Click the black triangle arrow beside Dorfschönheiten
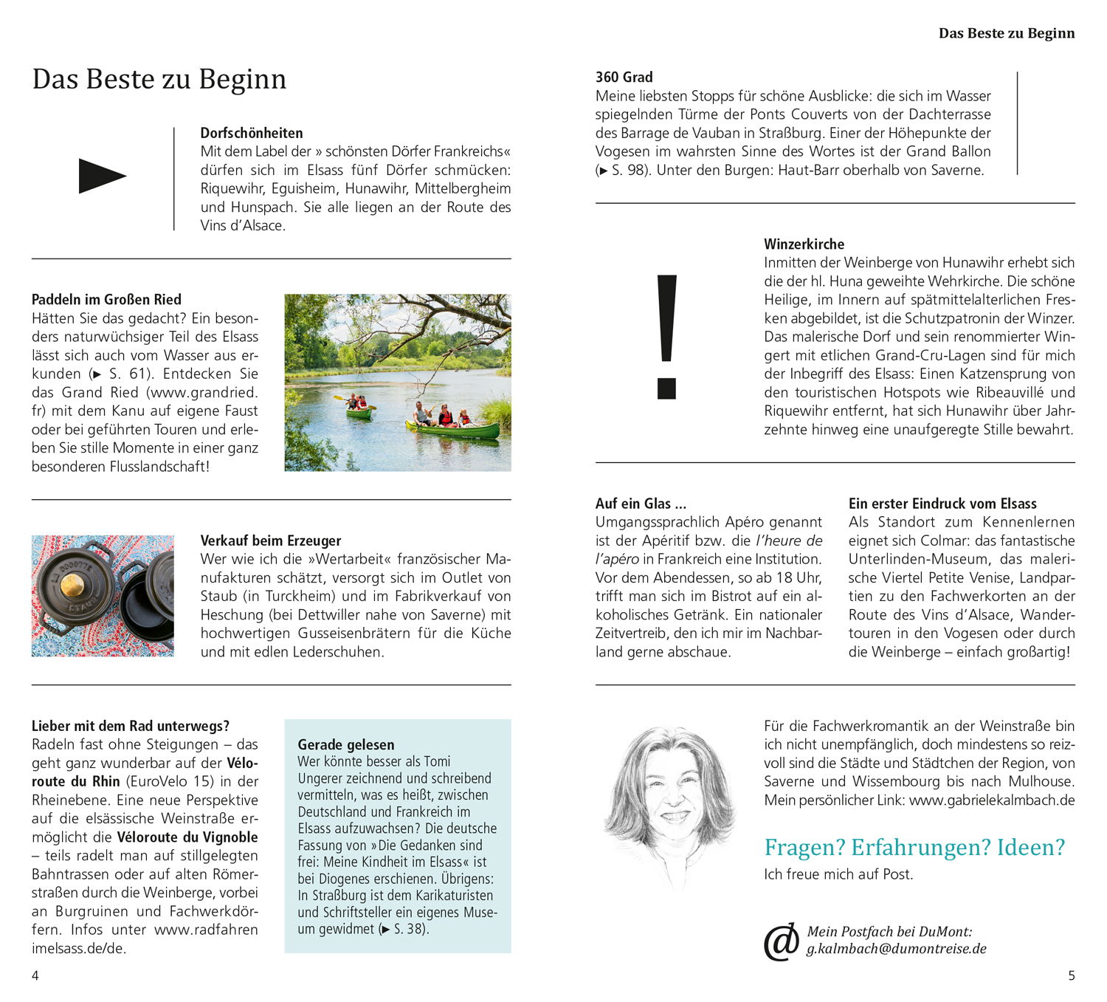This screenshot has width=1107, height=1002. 102,176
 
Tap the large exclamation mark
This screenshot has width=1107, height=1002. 666,337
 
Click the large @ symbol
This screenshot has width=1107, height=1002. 781,941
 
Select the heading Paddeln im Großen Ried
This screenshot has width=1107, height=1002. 106,300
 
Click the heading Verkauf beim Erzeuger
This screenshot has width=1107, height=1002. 270,541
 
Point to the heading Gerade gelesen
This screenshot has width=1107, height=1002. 345,745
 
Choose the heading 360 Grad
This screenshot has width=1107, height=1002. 624,78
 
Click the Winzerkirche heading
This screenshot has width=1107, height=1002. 804,244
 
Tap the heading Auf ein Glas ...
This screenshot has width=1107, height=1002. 640,504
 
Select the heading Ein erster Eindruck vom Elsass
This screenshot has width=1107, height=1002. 942,504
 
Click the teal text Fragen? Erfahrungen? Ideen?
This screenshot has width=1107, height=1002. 914,847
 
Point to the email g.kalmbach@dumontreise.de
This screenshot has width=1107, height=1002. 896,949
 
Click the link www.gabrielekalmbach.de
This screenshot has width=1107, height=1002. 991,800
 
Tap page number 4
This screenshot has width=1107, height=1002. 35,976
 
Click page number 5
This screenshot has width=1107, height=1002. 1072,976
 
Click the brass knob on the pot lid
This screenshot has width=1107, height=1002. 72,586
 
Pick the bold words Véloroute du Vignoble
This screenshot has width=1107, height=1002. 187,837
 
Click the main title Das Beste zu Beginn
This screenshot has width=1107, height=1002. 159,79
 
